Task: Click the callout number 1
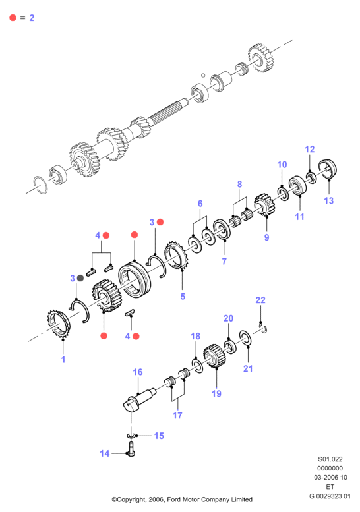click(x=63, y=360)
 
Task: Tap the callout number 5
click(x=183, y=296)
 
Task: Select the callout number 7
click(x=224, y=261)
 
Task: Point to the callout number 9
click(x=266, y=237)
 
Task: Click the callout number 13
click(x=328, y=200)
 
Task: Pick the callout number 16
click(x=138, y=372)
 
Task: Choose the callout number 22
click(x=260, y=300)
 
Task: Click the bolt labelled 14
click(x=131, y=449)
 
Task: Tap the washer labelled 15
click(x=131, y=436)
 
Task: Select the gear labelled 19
click(x=215, y=356)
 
